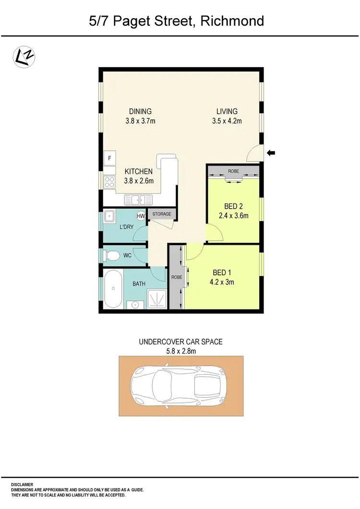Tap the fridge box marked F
pyautogui.click(x=109, y=158)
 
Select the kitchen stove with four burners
pyautogui.click(x=109, y=181)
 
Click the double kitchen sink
pyautogui.click(x=138, y=199)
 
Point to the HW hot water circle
pyautogui.click(x=141, y=216)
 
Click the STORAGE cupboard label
pyautogui.click(x=162, y=214)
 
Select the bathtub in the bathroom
pyautogui.click(x=113, y=288)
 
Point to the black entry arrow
pyautogui.click(x=271, y=153)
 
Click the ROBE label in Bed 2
pyautogui.click(x=233, y=171)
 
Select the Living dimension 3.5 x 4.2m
pyautogui.click(x=227, y=121)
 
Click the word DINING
pyautogui.click(x=140, y=111)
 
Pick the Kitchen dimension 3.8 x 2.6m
pyautogui.click(x=139, y=181)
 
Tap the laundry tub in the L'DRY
pyautogui.click(x=110, y=216)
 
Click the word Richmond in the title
pyautogui.click(x=233, y=21)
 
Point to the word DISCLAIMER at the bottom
pyautogui.click(x=23, y=485)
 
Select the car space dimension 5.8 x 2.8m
pyautogui.click(x=180, y=351)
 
